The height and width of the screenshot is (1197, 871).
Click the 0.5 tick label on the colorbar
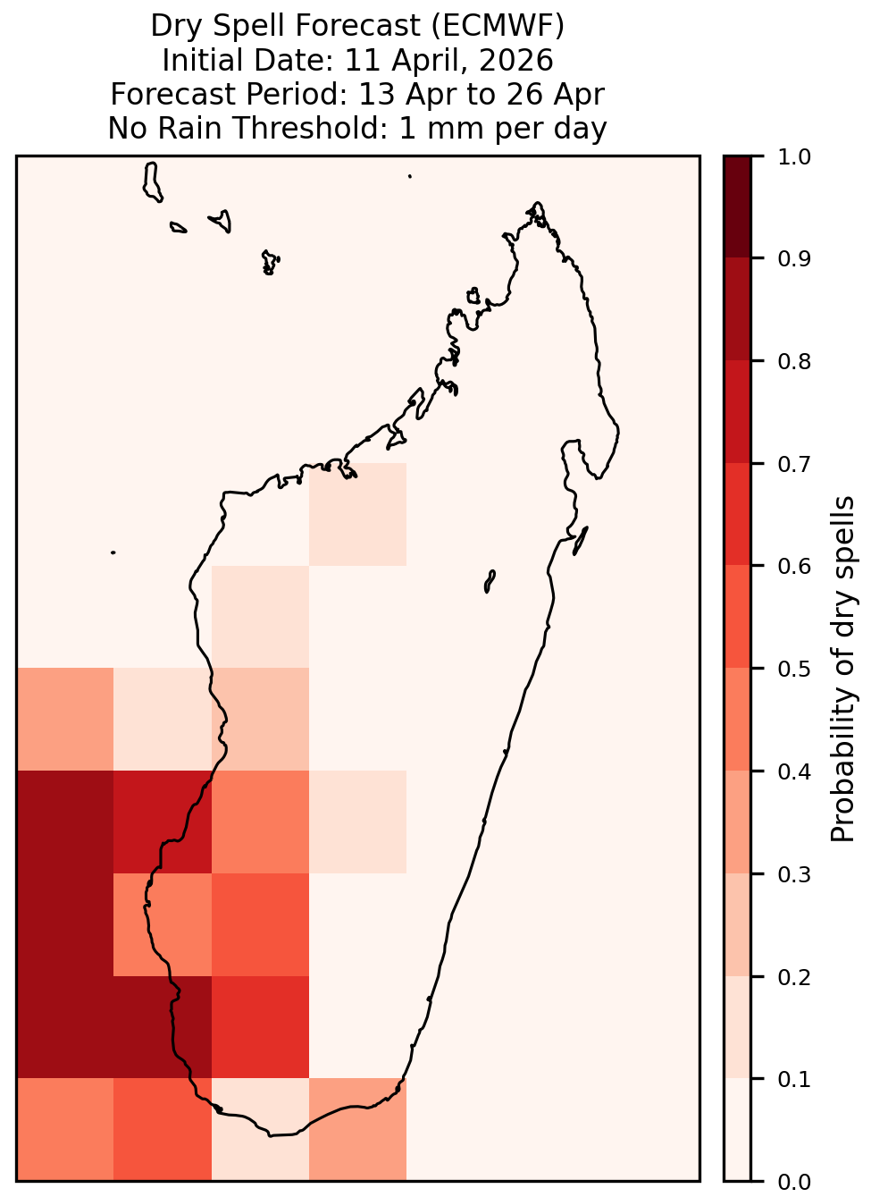(794, 669)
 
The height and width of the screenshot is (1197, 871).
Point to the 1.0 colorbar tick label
(794, 157)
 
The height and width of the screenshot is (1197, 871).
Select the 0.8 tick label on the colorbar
(794, 362)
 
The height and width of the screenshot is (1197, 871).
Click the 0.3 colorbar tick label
(794, 874)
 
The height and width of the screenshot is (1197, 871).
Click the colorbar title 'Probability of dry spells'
(842, 669)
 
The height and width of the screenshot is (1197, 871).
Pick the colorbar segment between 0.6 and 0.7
(738, 514)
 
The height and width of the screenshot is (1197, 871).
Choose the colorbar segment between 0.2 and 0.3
(738, 925)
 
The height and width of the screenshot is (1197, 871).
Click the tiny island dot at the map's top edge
(410, 176)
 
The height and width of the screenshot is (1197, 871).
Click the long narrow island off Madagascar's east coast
(581, 541)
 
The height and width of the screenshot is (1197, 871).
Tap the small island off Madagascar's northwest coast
(473, 296)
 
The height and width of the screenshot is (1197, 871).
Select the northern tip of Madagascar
(537, 203)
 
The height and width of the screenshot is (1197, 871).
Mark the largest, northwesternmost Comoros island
(152, 182)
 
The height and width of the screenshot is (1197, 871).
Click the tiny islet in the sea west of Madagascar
(113, 552)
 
